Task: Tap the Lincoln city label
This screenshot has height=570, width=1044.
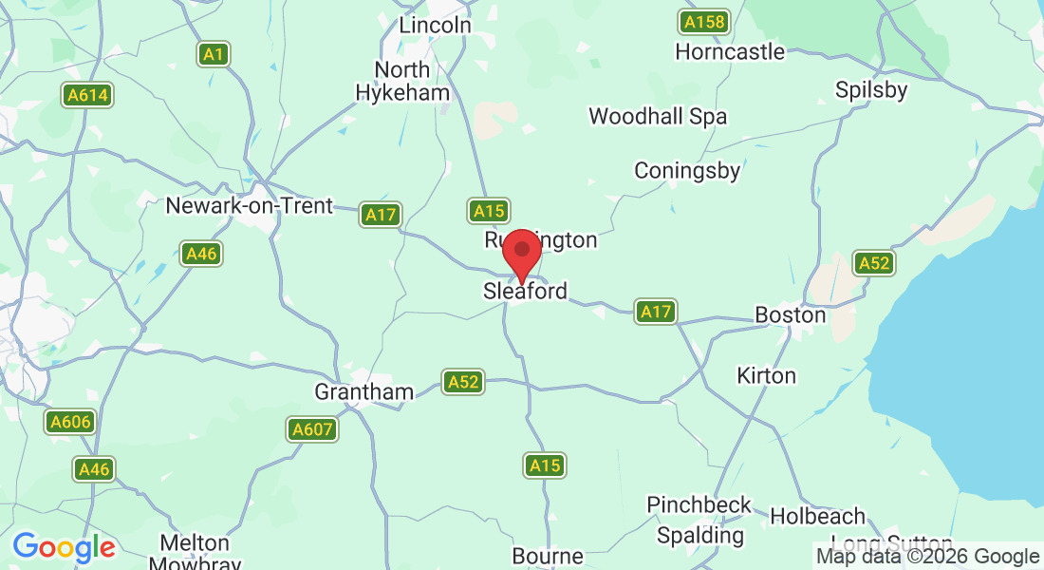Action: click(x=435, y=26)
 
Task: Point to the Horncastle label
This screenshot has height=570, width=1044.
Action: click(x=730, y=51)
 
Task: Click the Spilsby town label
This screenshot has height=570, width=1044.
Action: click(x=871, y=90)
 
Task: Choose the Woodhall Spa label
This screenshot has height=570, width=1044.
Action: click(x=658, y=117)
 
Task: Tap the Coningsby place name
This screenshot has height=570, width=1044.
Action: click(x=687, y=171)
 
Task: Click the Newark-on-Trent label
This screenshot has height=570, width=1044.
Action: click(x=249, y=205)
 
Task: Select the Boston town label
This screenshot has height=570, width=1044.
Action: click(x=790, y=313)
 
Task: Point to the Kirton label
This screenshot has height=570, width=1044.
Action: click(x=766, y=376)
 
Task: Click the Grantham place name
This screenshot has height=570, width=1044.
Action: click(x=364, y=391)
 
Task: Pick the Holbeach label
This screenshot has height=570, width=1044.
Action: click(x=818, y=517)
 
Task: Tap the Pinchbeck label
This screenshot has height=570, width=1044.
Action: click(x=699, y=504)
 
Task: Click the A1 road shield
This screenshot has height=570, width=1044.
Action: click(x=214, y=54)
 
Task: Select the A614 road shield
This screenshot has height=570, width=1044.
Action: click(x=88, y=95)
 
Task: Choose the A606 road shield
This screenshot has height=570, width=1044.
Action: click(x=70, y=421)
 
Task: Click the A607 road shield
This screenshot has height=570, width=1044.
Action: click(x=312, y=429)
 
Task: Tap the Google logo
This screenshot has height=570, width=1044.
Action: click(x=64, y=547)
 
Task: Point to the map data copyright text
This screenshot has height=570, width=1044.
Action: click(x=927, y=557)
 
